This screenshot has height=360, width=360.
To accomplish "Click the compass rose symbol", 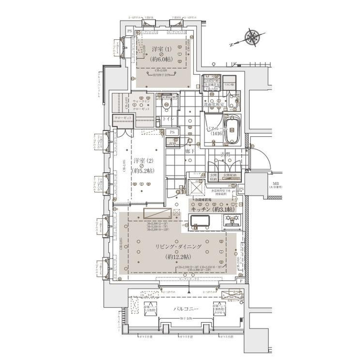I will coord(252,37).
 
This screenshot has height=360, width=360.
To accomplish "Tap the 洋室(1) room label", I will coord(161,50).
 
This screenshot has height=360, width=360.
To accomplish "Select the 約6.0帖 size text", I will coord(161,58).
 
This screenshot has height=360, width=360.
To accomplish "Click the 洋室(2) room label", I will coord(143,162).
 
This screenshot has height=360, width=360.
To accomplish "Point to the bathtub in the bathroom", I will coord(230,129).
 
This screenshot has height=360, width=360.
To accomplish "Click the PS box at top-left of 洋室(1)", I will coord(129,31).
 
